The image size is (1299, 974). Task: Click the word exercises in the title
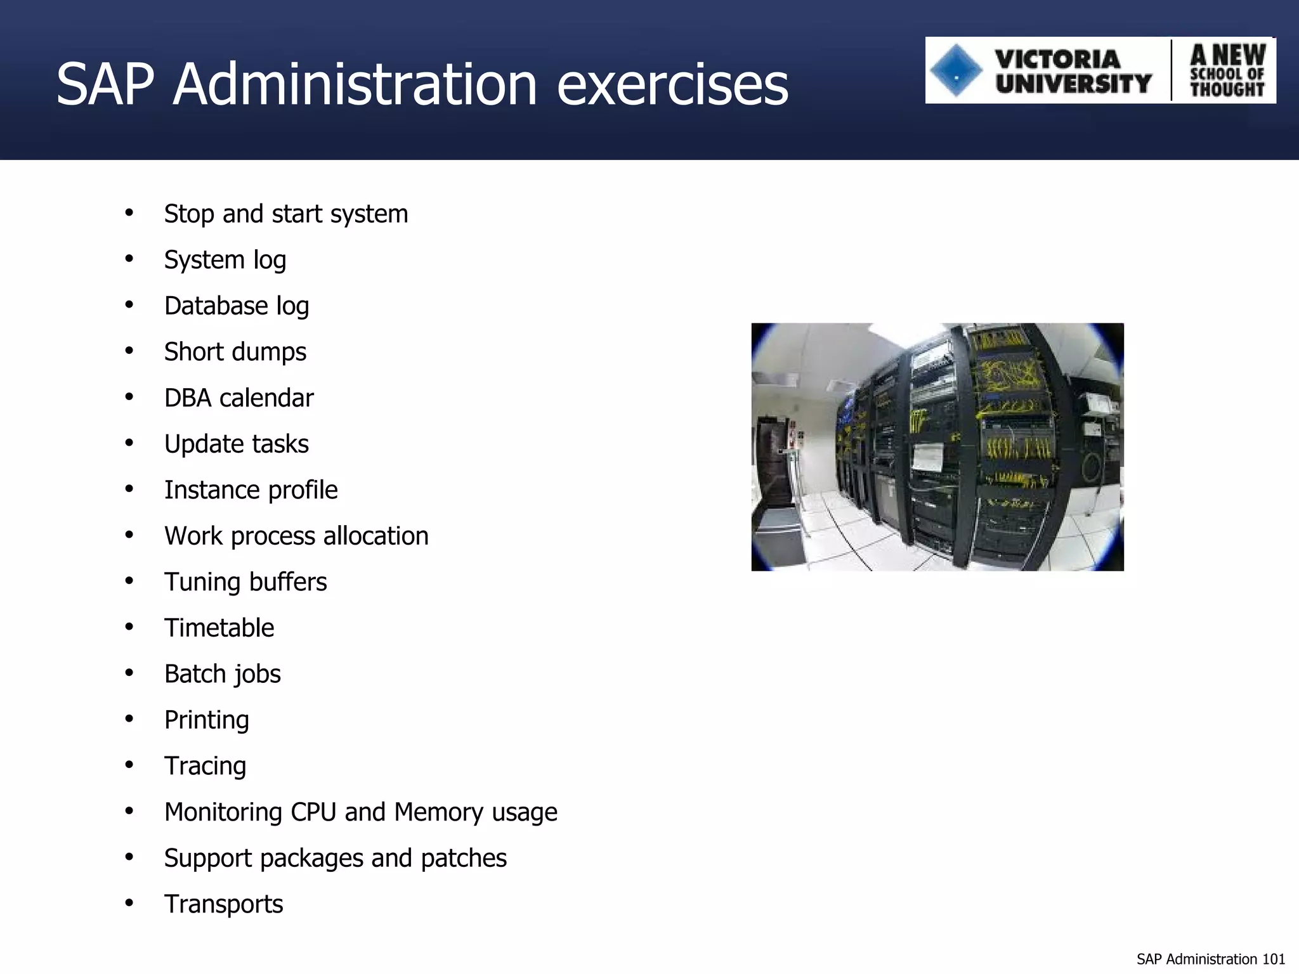672,85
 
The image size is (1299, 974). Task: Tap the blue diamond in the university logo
956,70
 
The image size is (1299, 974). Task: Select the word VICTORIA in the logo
1057,59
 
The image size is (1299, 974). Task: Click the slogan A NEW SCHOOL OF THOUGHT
1227,71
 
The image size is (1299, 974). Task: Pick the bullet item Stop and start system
285,214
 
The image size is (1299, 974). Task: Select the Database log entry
236,306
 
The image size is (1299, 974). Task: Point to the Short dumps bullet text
235,352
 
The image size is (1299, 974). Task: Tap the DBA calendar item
238,398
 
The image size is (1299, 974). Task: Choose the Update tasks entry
236,444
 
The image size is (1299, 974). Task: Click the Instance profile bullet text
251,490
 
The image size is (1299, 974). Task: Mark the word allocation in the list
375,536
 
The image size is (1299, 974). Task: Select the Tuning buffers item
245,582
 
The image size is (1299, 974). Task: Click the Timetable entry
219,628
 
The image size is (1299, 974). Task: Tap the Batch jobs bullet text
222,674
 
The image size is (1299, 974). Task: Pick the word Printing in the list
206,720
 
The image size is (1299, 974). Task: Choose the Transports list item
223,904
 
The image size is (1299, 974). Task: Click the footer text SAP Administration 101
1210,959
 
